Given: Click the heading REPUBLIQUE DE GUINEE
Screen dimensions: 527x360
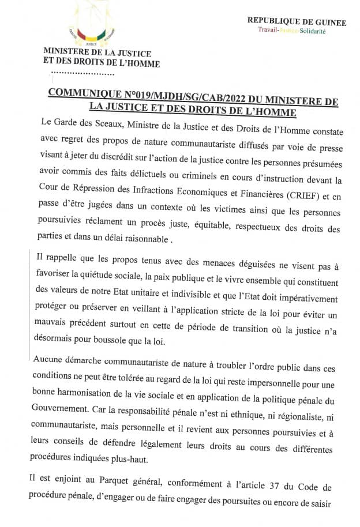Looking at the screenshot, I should click(x=297, y=22).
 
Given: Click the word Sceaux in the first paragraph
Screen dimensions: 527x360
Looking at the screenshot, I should click(x=102, y=122).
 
